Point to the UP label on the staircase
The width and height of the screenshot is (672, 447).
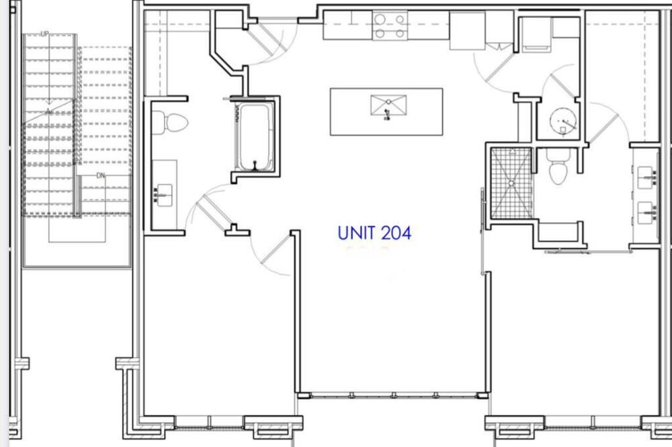[44, 34]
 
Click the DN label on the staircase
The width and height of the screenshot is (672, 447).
[101, 176]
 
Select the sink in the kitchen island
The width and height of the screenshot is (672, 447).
[388, 105]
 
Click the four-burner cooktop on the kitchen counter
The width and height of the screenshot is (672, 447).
[390, 26]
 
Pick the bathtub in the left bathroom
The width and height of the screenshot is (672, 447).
[255, 136]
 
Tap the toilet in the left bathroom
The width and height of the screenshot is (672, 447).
[170, 123]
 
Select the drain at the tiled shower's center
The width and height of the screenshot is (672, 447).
[511, 183]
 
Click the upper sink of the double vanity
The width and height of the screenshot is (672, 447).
[646, 178]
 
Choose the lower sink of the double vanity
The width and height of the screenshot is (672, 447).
[646, 213]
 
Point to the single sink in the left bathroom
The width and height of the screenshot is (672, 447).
[164, 195]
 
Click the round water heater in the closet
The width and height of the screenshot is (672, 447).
[563, 121]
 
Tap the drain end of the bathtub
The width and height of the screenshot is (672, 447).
[255, 164]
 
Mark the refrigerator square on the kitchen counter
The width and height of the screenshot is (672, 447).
[467, 30]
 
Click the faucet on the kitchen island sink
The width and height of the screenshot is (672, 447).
[388, 114]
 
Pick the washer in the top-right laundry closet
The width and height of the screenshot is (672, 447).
[536, 34]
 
